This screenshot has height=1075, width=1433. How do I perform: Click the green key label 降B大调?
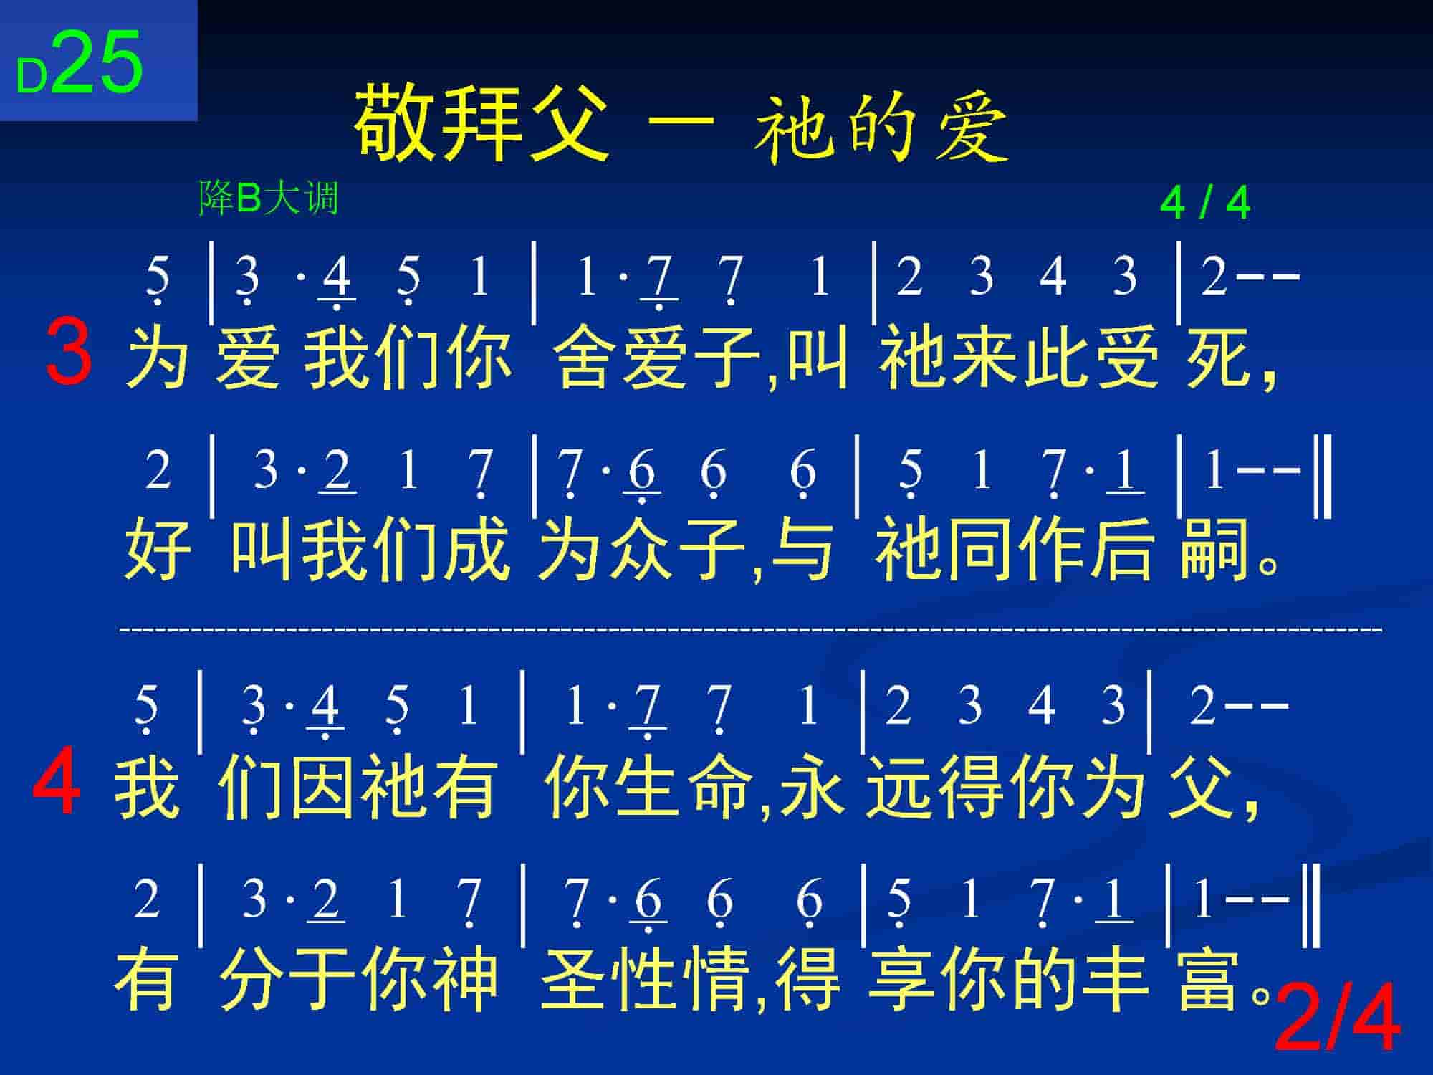268,198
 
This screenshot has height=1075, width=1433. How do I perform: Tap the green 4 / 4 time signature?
1205,204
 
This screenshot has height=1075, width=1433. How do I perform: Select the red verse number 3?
69,353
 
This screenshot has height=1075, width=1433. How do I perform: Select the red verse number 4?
57,781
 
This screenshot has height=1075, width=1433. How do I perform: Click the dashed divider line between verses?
751,630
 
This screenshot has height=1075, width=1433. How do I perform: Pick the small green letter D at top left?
32,76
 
